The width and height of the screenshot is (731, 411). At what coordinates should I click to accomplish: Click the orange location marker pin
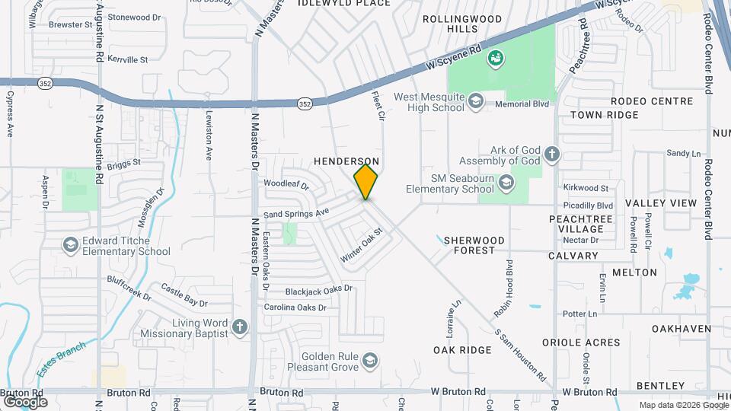point(365,182)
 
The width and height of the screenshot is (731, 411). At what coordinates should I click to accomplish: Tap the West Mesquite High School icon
point(476,101)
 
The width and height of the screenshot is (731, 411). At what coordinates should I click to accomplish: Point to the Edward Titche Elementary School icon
point(71,245)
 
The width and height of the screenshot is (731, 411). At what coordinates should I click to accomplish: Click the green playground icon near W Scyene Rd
point(495,57)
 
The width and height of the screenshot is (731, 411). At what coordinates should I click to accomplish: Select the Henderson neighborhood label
point(346,162)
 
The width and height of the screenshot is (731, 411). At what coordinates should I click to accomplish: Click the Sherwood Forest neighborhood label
point(474,245)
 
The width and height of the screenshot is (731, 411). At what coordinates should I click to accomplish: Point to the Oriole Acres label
point(580,342)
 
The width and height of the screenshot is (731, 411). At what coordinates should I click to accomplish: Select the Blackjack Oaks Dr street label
point(319,290)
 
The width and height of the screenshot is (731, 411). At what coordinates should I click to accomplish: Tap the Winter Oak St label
point(360,249)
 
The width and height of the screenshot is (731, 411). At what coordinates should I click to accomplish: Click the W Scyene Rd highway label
point(454,56)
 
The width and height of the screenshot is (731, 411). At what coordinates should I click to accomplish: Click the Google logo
point(24,401)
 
